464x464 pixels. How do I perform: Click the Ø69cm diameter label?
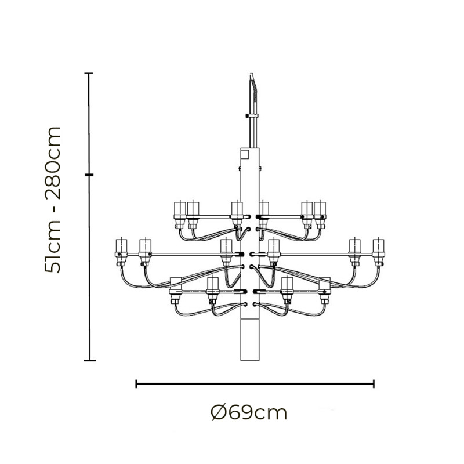249,414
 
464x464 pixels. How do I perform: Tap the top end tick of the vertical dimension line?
89,73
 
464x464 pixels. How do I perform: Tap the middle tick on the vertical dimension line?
89,175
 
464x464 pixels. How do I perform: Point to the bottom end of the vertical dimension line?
89,360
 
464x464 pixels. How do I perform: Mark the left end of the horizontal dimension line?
136,383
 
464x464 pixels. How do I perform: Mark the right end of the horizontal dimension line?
374,383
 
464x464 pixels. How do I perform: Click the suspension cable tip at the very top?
251,74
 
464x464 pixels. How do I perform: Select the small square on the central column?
244,155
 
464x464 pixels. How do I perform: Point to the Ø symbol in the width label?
218,414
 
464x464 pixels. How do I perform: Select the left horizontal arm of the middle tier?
186,253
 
